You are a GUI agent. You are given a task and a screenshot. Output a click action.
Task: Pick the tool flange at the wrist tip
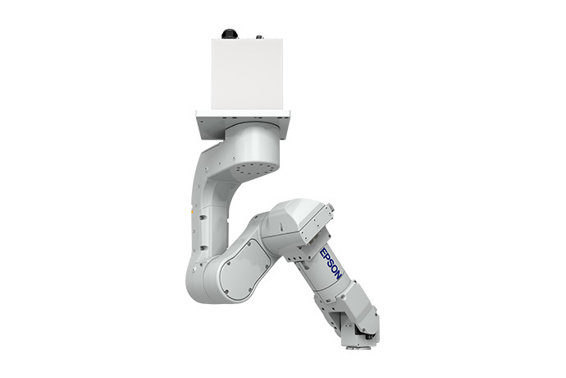tap(366, 337)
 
